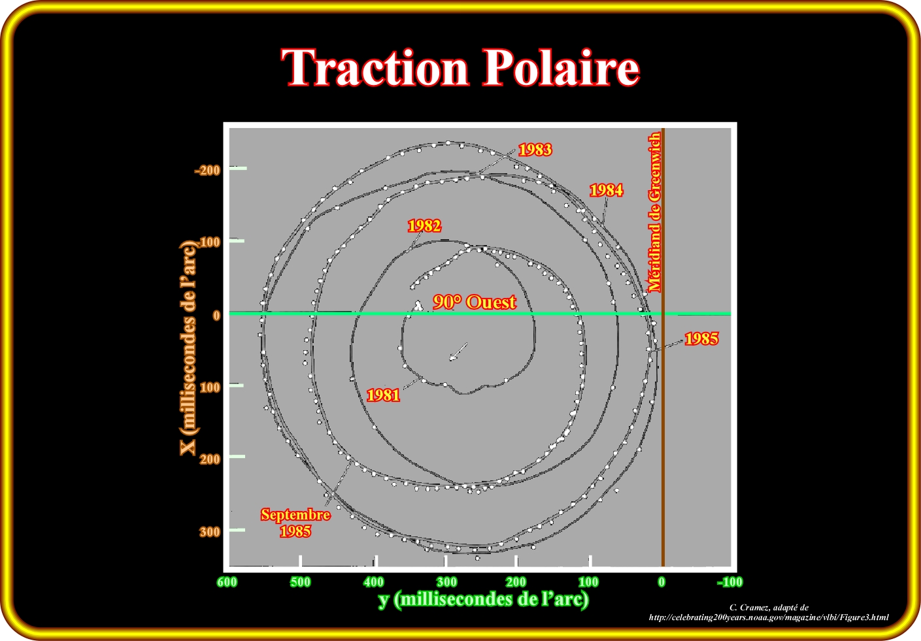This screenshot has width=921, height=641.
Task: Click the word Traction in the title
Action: point(375,67)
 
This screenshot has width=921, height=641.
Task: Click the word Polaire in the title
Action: point(561,67)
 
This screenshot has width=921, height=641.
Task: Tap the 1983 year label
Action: point(535,150)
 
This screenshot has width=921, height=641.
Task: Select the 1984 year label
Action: point(606,190)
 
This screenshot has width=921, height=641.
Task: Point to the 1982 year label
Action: point(424,225)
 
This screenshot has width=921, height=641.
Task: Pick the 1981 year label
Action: point(383,395)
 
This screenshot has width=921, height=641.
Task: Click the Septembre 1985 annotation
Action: point(295,523)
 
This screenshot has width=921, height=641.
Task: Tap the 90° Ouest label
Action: point(474,303)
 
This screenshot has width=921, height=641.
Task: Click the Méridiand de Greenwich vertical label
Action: point(654,212)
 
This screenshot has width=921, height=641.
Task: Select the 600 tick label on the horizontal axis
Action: point(227,582)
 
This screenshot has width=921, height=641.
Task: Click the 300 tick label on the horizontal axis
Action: point(446,582)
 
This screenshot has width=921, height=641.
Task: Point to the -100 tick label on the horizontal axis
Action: point(730,582)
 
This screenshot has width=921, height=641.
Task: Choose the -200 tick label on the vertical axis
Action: point(208,170)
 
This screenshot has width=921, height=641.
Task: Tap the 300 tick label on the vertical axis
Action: point(210,532)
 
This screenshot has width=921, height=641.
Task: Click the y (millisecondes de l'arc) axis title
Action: point(484,599)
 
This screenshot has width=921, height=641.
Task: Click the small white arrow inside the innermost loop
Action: point(458,352)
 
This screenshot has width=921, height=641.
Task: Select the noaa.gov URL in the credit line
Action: point(769,617)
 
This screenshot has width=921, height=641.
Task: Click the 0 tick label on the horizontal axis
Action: point(661,582)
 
